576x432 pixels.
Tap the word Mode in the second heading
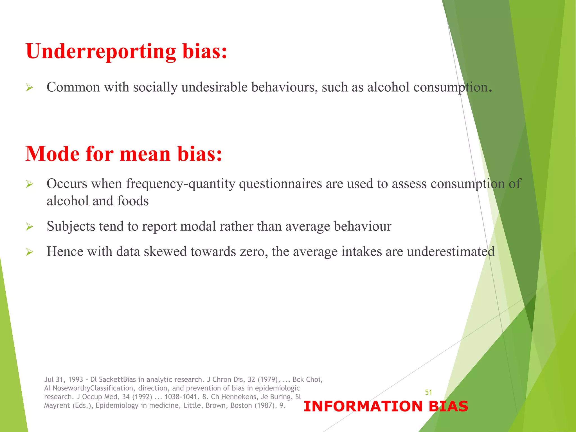pyautogui.click(x=53, y=154)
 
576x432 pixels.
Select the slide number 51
pyautogui.click(x=428, y=392)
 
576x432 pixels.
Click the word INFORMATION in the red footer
pyautogui.click(x=363, y=406)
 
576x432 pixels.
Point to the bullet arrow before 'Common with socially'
pyautogui.click(x=29, y=88)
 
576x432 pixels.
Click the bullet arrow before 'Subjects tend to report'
pyautogui.click(x=29, y=227)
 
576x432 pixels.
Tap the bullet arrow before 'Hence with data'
pyautogui.click(x=29, y=252)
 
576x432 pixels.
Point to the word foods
pyautogui.click(x=133, y=201)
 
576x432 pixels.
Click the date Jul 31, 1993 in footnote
pyautogui.click(x=64, y=380)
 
